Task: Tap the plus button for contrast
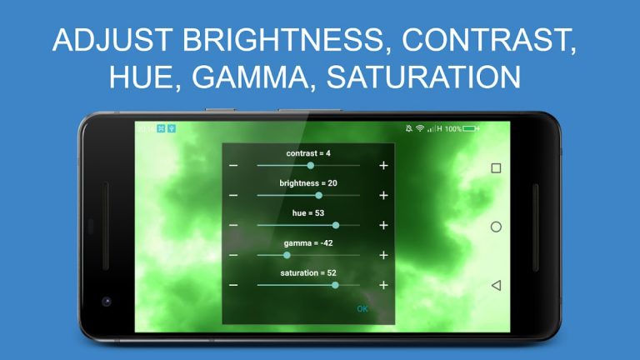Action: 383,166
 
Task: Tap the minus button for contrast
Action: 233,166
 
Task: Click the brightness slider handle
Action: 318,196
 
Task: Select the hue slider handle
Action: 336,225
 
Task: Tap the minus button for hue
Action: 233,225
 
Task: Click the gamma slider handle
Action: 287,255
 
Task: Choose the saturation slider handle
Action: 335,285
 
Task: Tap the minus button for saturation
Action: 233,285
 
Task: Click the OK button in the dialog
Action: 362,309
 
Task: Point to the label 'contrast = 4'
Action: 308,153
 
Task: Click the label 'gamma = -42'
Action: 308,243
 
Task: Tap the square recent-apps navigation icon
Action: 496,167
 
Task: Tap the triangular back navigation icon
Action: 496,285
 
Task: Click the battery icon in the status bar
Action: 471,129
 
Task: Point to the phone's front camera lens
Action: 106,301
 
